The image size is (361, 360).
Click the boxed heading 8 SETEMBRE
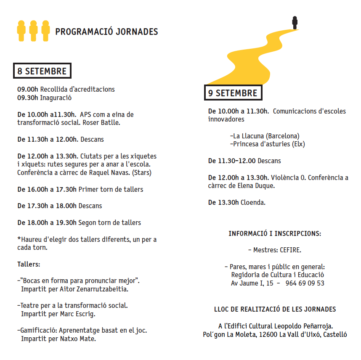coord(42,71)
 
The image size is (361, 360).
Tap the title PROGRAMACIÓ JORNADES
coord(106,32)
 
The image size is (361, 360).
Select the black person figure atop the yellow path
coord(295,22)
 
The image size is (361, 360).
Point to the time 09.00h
coord(28,89)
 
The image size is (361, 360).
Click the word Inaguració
coord(56,98)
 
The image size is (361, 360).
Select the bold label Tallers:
coord(29,265)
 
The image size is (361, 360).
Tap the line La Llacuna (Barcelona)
coord(265,136)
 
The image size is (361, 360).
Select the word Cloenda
coord(253,202)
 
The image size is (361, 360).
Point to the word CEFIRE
coord(290,250)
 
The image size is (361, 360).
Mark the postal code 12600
coord(267,335)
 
